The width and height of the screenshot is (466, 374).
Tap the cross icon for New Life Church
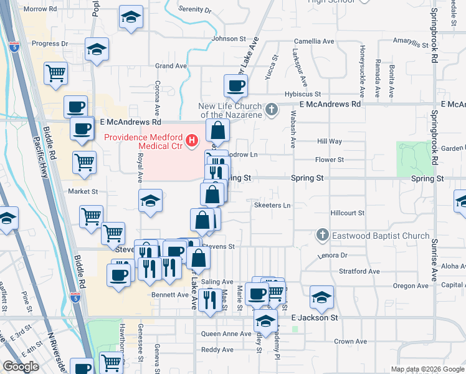(x=271, y=110)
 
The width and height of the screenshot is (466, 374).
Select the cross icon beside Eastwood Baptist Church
(x=322, y=236)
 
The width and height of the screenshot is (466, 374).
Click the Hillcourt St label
(x=347, y=213)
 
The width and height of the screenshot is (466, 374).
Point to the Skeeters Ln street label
(x=272, y=205)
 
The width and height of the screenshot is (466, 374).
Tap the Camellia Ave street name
(x=315, y=42)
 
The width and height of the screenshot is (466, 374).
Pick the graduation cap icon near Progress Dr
(x=97, y=49)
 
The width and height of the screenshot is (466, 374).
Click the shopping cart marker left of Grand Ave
(x=55, y=73)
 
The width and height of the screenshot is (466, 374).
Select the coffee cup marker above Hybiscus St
(x=235, y=86)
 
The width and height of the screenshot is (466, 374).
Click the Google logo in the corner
(x=21, y=367)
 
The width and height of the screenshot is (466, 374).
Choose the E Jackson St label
(x=315, y=317)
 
